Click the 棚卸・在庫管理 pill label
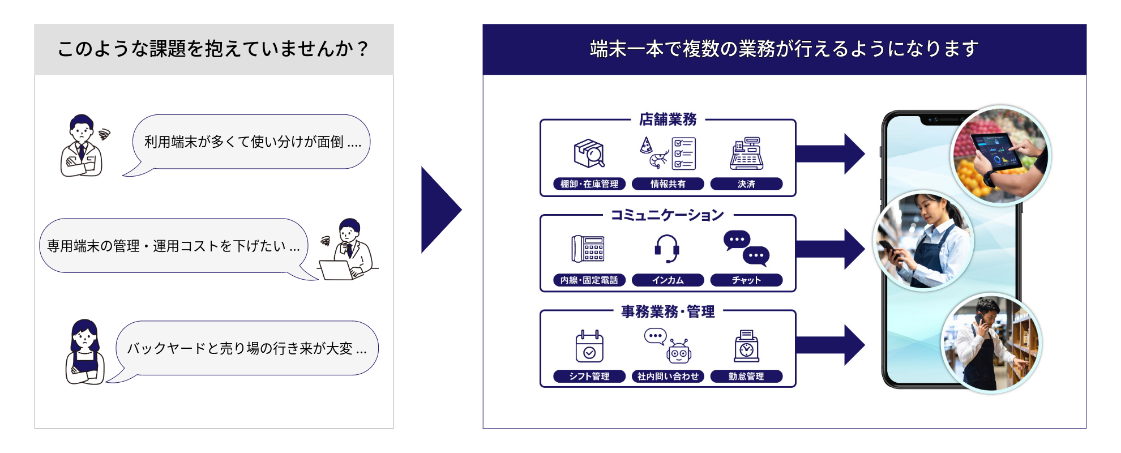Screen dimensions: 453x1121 coord(589,184)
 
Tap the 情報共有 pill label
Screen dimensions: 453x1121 coord(668,184)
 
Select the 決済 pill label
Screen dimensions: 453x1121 coord(746,184)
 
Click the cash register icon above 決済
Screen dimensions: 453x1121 coord(746,153)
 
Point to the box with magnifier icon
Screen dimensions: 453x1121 coord(589,153)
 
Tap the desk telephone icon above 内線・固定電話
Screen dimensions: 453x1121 coord(588,249)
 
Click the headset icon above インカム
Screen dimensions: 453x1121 coord(667,249)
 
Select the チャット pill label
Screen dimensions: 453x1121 coord(746,280)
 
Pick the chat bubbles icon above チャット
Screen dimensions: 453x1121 coord(746,248)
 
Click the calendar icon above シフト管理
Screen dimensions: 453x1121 coord(589,346)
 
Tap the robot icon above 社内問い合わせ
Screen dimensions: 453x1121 coord(678,351)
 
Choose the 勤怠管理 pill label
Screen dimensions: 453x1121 coord(746,377)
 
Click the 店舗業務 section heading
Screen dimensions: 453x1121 coord(668,119)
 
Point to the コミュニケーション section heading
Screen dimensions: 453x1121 coord(668,215)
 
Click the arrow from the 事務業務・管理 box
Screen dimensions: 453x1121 coord(830,345)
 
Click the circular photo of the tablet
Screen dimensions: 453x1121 coord(1001,155)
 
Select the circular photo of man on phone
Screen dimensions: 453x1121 coord(991,344)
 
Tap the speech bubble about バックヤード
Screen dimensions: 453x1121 coord(247,348)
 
